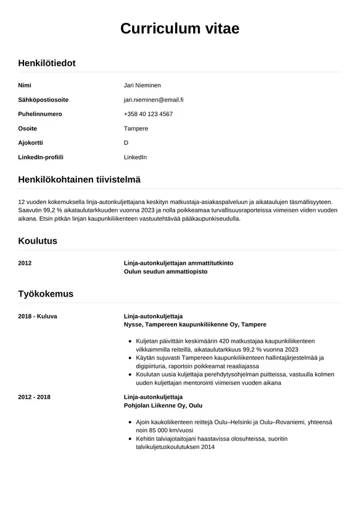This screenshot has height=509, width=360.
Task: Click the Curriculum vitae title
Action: (180, 28)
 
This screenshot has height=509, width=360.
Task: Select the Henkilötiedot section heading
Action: (47, 62)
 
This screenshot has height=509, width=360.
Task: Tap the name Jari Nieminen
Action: (142, 85)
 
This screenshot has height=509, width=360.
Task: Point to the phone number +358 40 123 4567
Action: (148, 114)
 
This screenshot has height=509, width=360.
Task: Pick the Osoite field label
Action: (28, 128)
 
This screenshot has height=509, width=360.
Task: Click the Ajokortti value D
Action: (126, 143)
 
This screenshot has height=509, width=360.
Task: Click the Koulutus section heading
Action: (38, 241)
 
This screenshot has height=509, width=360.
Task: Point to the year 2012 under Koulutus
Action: (25, 264)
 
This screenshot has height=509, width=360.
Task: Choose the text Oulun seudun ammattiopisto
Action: (165, 272)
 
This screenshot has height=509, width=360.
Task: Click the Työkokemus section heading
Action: (46, 294)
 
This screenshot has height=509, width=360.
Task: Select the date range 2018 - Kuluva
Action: (38, 316)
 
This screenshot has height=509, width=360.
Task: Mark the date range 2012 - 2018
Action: (34, 397)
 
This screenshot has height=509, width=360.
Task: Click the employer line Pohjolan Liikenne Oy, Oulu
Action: (163, 406)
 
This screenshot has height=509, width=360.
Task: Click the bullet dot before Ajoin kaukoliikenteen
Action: (130, 423)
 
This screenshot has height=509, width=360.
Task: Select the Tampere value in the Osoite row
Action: (136, 128)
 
